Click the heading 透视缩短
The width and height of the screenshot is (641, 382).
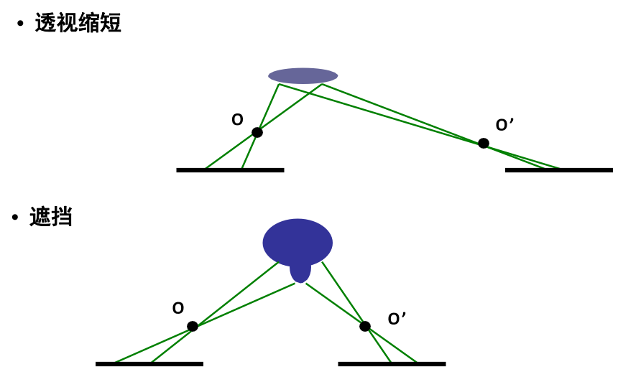(x=78, y=23)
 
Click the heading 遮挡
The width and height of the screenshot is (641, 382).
(x=50, y=217)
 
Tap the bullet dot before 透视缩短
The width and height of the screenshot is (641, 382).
(x=20, y=24)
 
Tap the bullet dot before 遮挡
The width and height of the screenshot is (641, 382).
(x=15, y=217)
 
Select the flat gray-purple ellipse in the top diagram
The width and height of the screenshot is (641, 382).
(x=303, y=75)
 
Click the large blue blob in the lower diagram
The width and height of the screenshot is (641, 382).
(x=298, y=241)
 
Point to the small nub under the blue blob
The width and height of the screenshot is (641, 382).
(x=300, y=274)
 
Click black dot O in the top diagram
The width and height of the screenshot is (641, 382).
(x=257, y=132)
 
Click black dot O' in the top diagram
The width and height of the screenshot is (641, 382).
(x=484, y=144)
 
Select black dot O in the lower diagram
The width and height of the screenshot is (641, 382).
(x=193, y=326)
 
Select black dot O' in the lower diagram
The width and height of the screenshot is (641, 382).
(x=365, y=326)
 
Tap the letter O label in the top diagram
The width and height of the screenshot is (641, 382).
(x=237, y=120)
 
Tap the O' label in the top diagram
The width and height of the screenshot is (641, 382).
(x=504, y=125)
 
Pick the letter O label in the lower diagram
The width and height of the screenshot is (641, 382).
(x=178, y=308)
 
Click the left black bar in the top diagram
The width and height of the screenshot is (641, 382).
(x=230, y=170)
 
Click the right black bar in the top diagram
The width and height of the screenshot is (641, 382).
(x=559, y=170)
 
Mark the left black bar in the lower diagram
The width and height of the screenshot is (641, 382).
(x=149, y=364)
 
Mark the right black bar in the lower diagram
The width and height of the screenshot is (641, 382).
(x=392, y=364)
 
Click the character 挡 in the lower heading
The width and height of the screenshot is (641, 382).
(x=62, y=217)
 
